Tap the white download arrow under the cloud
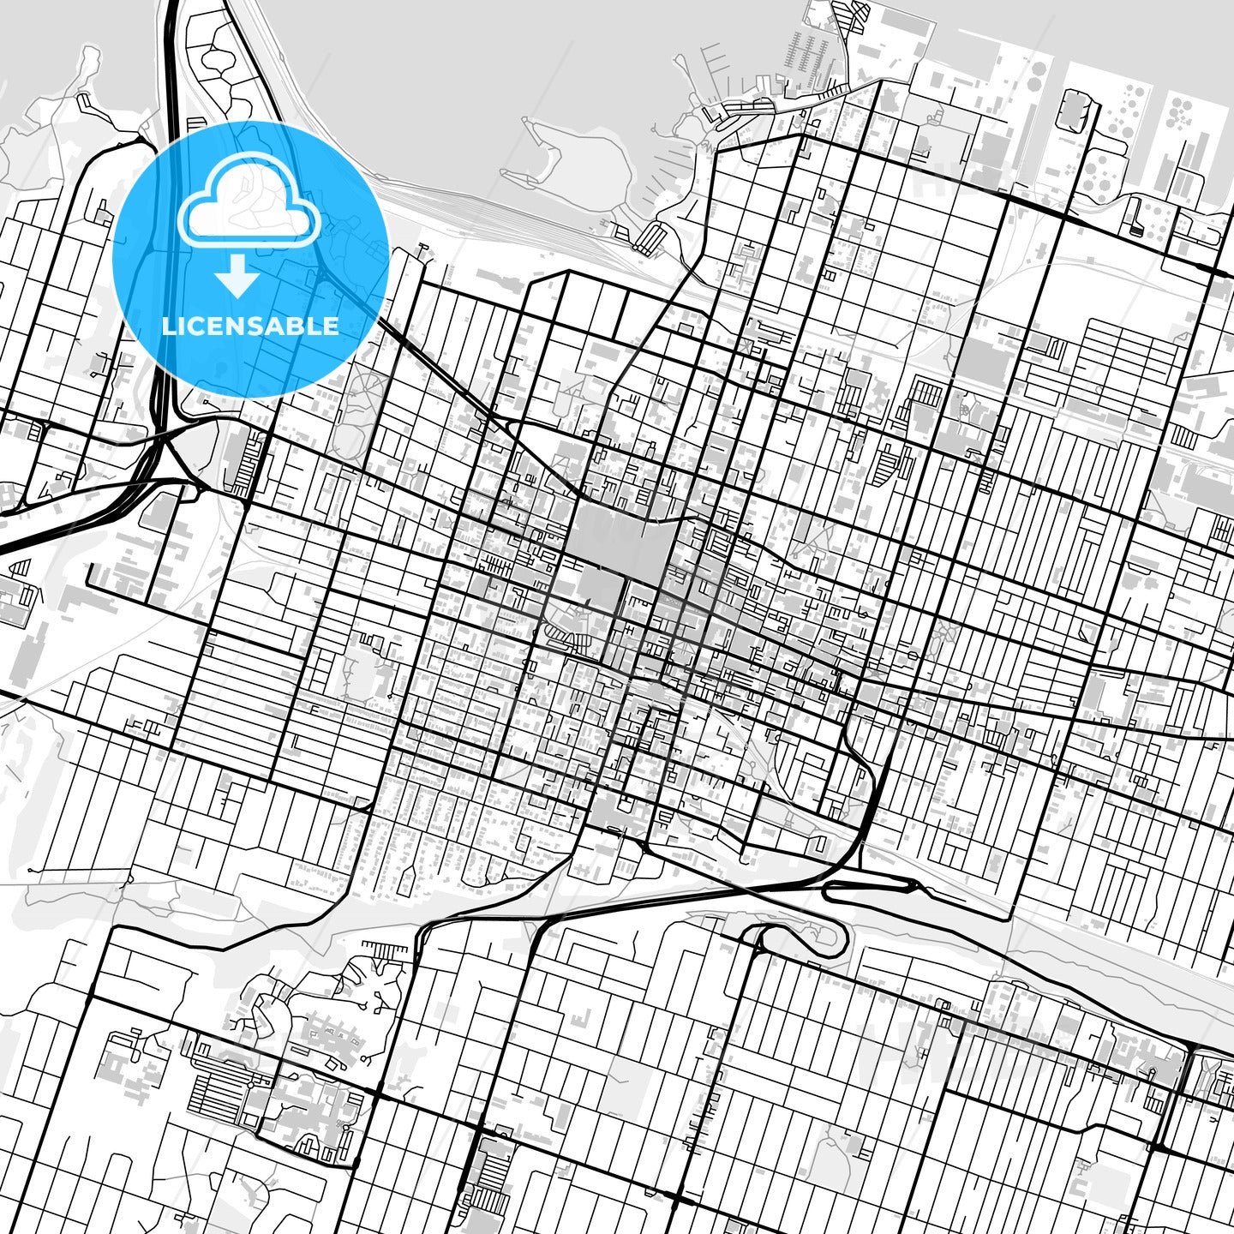[237, 278]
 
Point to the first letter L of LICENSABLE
[168, 326]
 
